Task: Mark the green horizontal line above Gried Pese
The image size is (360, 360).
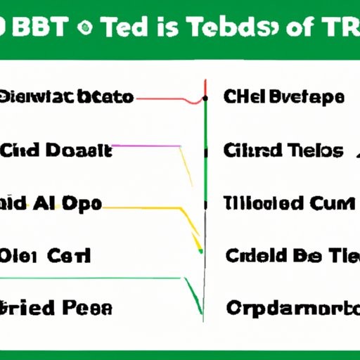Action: click(91, 278)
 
